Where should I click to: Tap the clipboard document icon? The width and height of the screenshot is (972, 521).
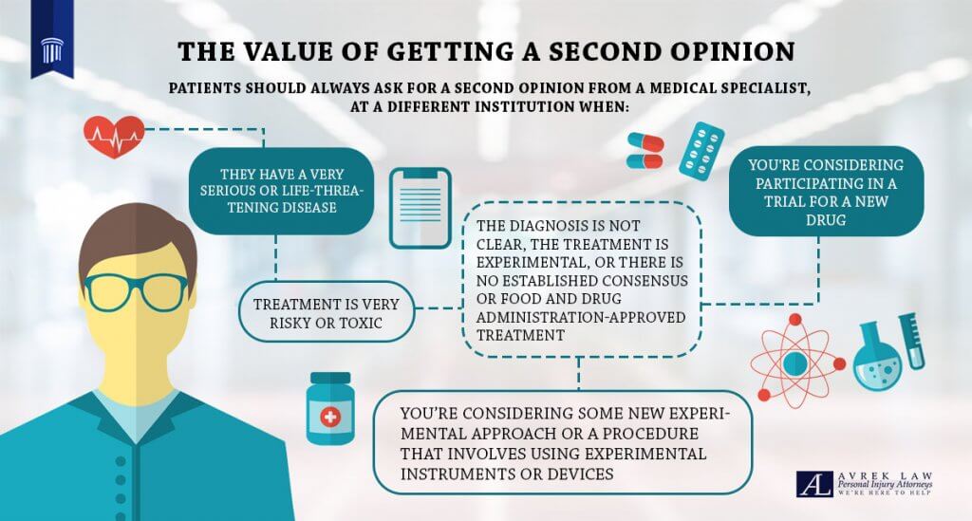pos(421,208)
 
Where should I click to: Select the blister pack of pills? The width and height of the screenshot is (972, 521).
pos(701,151)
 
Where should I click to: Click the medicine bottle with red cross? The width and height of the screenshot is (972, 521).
pos(330,408)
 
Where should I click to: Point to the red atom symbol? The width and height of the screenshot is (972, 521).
pos(797,361)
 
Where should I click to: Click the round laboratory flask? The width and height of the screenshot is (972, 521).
pos(876,360)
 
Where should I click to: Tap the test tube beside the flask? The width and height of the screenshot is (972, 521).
pos(912,342)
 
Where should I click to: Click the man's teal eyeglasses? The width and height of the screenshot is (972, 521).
pos(135,291)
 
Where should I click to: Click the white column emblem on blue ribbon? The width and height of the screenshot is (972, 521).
pos(52,50)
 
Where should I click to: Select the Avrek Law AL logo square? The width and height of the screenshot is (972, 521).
pos(814,484)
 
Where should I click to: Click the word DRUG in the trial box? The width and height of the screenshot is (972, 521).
pos(826,220)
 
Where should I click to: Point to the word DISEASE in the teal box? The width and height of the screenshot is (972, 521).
pos(308,208)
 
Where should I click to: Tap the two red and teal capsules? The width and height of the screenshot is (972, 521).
pos(645,151)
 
